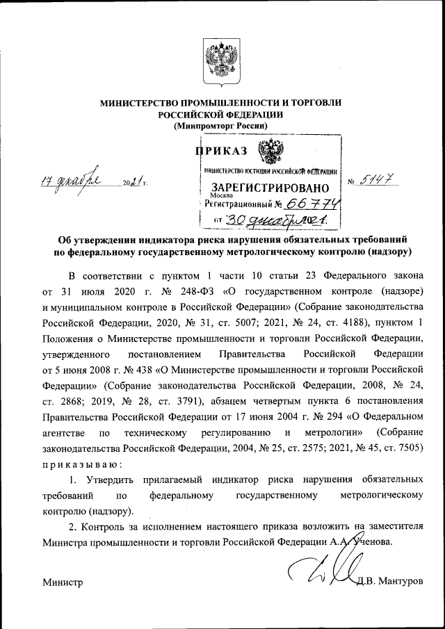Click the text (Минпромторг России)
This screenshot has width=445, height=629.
(x=220, y=125)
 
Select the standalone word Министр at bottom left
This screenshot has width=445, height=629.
(x=62, y=582)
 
